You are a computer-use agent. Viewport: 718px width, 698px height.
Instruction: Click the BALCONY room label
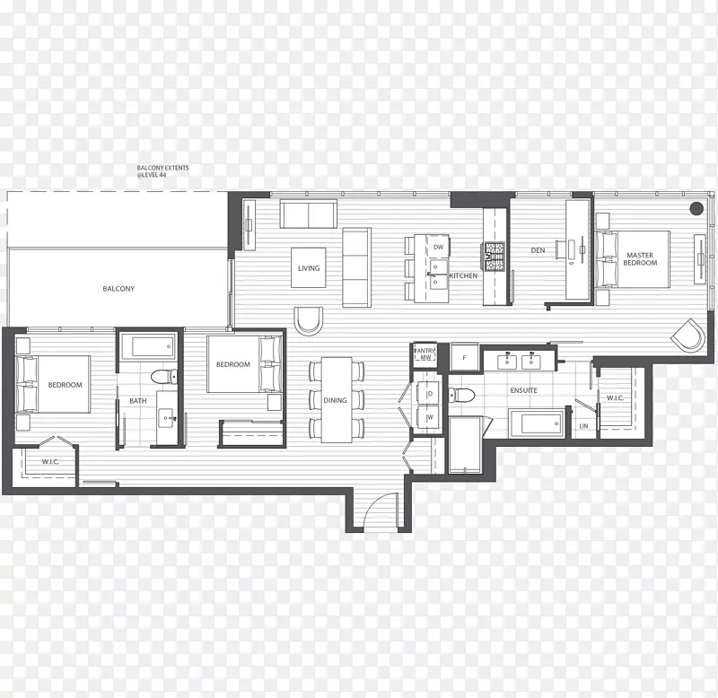[118, 289]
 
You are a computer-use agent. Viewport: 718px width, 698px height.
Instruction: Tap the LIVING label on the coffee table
[309, 268]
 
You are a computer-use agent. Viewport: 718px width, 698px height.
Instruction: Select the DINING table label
[335, 400]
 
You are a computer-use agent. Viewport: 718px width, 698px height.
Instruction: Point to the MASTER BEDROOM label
[640, 259]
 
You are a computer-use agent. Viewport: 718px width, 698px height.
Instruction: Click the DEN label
[538, 250]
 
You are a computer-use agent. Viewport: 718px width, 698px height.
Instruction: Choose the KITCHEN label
[463, 275]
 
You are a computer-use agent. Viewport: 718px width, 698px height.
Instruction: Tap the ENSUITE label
[524, 390]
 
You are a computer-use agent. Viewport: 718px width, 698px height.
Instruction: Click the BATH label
[138, 401]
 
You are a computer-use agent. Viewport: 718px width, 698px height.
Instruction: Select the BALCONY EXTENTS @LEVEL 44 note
[162, 171]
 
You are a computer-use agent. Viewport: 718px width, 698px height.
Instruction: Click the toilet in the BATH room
[164, 377]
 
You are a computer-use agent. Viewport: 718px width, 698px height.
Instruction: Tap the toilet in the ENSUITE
[461, 395]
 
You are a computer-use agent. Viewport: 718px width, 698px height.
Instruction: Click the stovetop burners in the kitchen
[495, 257]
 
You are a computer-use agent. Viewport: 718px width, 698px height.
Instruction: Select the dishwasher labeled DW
[438, 247]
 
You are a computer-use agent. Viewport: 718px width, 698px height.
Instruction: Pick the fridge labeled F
[464, 357]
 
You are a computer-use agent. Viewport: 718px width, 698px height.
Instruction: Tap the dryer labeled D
[430, 394]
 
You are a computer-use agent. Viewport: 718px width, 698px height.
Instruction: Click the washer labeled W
[430, 417]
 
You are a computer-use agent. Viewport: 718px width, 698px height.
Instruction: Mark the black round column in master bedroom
[696, 208]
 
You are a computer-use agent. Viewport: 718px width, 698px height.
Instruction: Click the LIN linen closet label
[583, 426]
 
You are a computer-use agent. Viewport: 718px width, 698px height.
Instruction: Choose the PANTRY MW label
[425, 354]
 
